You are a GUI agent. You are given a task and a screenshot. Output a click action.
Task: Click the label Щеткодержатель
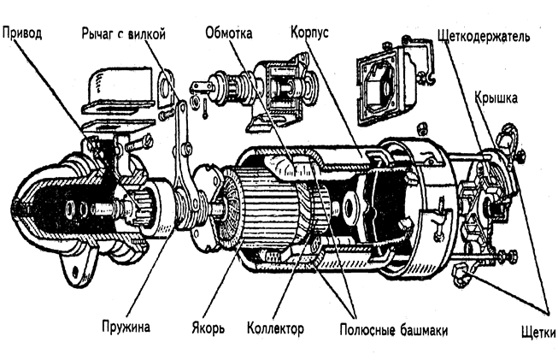click(x=483, y=36)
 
